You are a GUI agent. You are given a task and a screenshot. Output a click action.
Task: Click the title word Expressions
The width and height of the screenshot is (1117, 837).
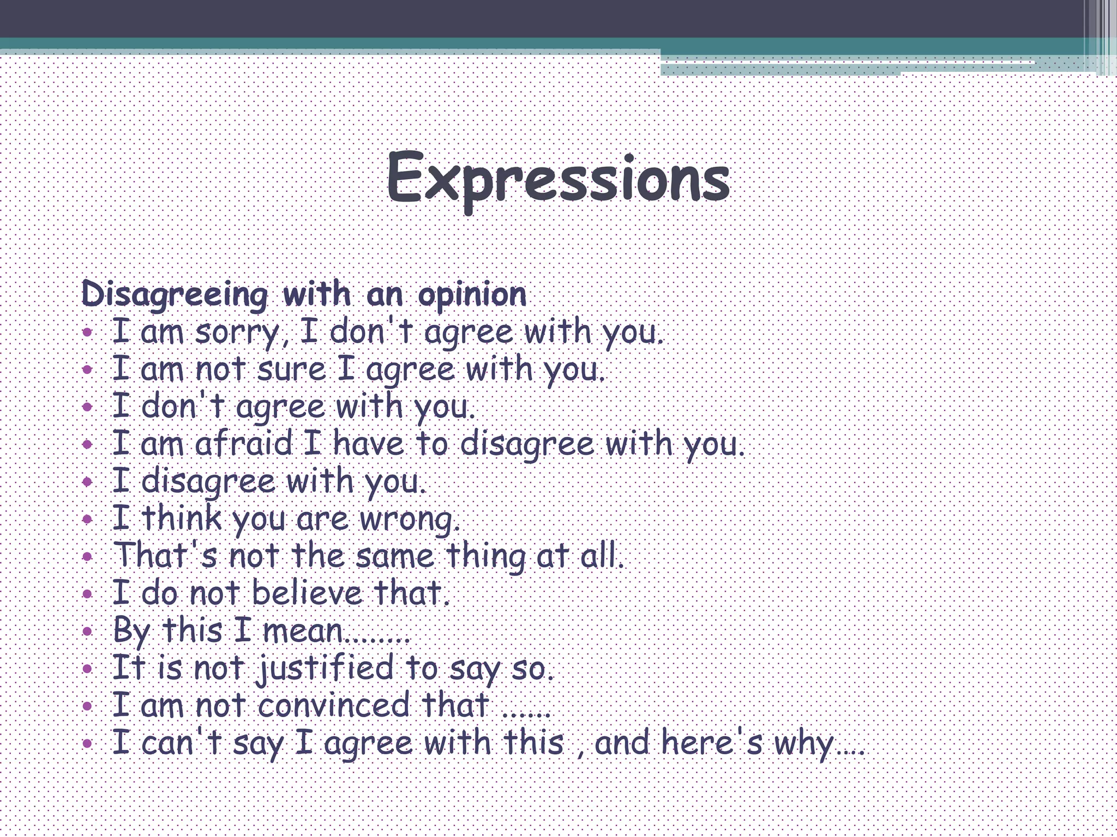tap(558, 178)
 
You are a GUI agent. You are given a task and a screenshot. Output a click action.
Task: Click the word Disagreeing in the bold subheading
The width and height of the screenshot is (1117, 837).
tap(175, 295)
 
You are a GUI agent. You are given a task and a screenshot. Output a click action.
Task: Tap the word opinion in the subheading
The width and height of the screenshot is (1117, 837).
tap(472, 295)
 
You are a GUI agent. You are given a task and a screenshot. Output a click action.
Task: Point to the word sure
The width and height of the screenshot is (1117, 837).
tap(291, 369)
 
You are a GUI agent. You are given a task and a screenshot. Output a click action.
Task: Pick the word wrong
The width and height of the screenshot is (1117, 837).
tap(409, 519)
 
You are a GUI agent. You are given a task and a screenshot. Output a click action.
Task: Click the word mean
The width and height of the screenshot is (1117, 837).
tap(303, 631)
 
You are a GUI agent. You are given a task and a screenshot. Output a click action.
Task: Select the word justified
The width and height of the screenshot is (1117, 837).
tap(326, 668)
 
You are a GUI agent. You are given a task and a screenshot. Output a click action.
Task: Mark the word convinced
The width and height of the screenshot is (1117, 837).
tap(333, 705)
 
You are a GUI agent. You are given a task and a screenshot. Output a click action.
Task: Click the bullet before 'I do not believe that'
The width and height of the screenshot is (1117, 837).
tap(88, 594)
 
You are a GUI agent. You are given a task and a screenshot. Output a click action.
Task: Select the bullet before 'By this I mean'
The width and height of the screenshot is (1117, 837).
tap(88, 632)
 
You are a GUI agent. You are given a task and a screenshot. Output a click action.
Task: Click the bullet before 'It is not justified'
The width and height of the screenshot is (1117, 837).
tap(88, 669)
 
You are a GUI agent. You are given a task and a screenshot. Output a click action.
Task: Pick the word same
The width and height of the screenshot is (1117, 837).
tap(395, 556)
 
